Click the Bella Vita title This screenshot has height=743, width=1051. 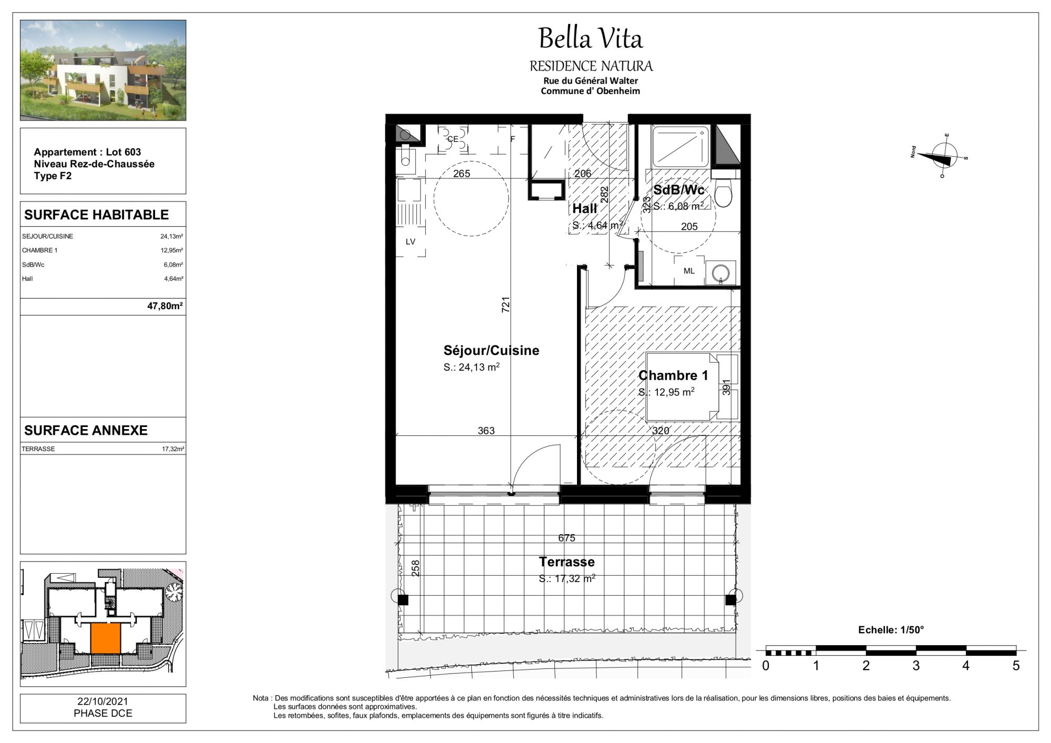(590, 38)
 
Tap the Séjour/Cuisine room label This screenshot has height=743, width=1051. (491, 350)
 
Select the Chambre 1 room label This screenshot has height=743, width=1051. (673, 375)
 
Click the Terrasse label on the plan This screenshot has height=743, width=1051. (566, 562)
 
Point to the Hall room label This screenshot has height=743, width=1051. (584, 209)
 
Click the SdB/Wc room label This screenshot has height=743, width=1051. (678, 190)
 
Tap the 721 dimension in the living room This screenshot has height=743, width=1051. (506, 305)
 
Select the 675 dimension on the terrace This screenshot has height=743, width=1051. (566, 538)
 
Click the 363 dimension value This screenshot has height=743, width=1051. (486, 431)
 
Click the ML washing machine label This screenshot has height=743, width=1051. (689, 271)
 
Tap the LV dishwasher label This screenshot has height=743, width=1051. (410, 242)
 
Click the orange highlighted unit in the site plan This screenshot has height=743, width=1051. (106, 638)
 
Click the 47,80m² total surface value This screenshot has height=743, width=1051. (165, 306)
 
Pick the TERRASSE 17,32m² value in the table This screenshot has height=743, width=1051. (173, 449)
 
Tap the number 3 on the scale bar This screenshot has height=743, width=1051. (916, 666)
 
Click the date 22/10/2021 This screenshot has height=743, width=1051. (103, 701)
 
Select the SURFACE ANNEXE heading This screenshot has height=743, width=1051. (86, 431)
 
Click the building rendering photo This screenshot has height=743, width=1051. (103, 70)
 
